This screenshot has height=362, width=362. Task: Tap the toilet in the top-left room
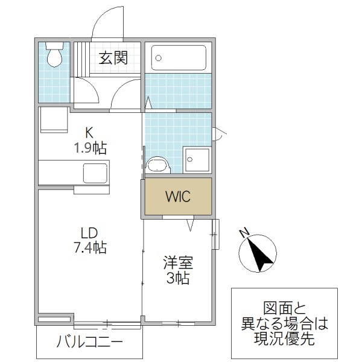(54, 54)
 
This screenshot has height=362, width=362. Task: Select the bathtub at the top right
(178, 58)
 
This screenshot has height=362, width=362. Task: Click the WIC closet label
(178, 197)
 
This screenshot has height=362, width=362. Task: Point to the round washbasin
(158, 165)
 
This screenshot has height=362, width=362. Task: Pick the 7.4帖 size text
(89, 247)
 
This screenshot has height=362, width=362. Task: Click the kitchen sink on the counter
(95, 173)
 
